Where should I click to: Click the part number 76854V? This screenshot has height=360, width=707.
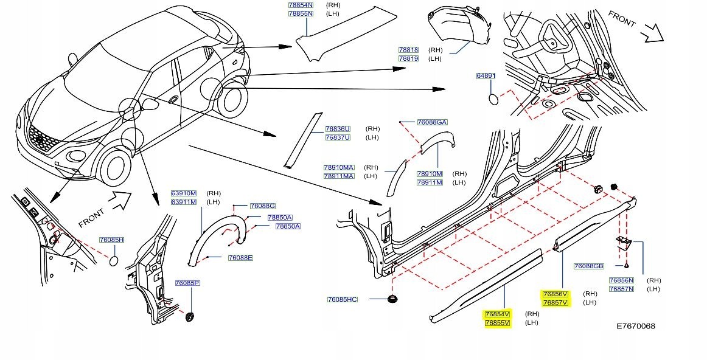pyautogui.click(x=497, y=314)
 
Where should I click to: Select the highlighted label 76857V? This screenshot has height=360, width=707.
pyautogui.click(x=555, y=302)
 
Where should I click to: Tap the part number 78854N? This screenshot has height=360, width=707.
pyautogui.click(x=300, y=5)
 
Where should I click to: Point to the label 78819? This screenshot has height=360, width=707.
pyautogui.click(x=408, y=58)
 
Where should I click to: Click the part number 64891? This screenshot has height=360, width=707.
pyautogui.click(x=486, y=76)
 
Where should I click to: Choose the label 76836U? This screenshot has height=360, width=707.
pyautogui.click(x=338, y=129)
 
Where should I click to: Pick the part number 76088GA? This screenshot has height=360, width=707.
pyautogui.click(x=432, y=122)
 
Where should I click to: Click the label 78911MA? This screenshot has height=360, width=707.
pyautogui.click(x=339, y=176)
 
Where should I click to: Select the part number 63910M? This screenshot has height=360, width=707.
pyautogui.click(x=183, y=193)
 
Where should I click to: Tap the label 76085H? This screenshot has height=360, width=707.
pyautogui.click(x=112, y=240)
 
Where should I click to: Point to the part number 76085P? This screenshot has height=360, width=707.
pyautogui.click(x=187, y=283)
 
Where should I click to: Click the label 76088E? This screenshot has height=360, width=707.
pyautogui.click(x=240, y=258)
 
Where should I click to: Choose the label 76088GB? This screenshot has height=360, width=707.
pyautogui.click(x=588, y=266)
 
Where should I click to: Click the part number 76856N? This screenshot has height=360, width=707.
pyautogui.click(x=621, y=280)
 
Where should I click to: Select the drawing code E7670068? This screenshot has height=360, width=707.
pyautogui.click(x=636, y=326)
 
